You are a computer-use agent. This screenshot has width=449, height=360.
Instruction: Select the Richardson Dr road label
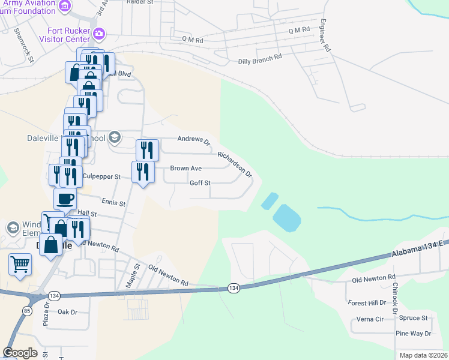[x=235, y=163]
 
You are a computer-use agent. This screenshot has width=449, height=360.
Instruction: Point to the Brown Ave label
[x=185, y=169]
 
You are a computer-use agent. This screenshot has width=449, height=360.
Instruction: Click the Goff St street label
[x=200, y=183]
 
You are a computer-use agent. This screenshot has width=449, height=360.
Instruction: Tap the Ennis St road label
[x=113, y=203]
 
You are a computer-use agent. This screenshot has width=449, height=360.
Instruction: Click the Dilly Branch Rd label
[x=259, y=58]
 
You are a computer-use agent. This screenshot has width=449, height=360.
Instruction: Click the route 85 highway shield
[x=28, y=310]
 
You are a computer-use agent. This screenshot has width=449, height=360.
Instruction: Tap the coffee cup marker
[x=65, y=198]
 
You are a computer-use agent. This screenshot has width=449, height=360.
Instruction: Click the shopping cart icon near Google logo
[x=20, y=263]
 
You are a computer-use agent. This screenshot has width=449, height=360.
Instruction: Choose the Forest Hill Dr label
[x=367, y=303]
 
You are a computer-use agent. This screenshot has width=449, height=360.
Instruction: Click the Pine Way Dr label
[x=413, y=333]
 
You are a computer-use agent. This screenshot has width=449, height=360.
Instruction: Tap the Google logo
[x=20, y=353]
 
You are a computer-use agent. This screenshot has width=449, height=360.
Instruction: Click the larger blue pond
[x=286, y=217]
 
